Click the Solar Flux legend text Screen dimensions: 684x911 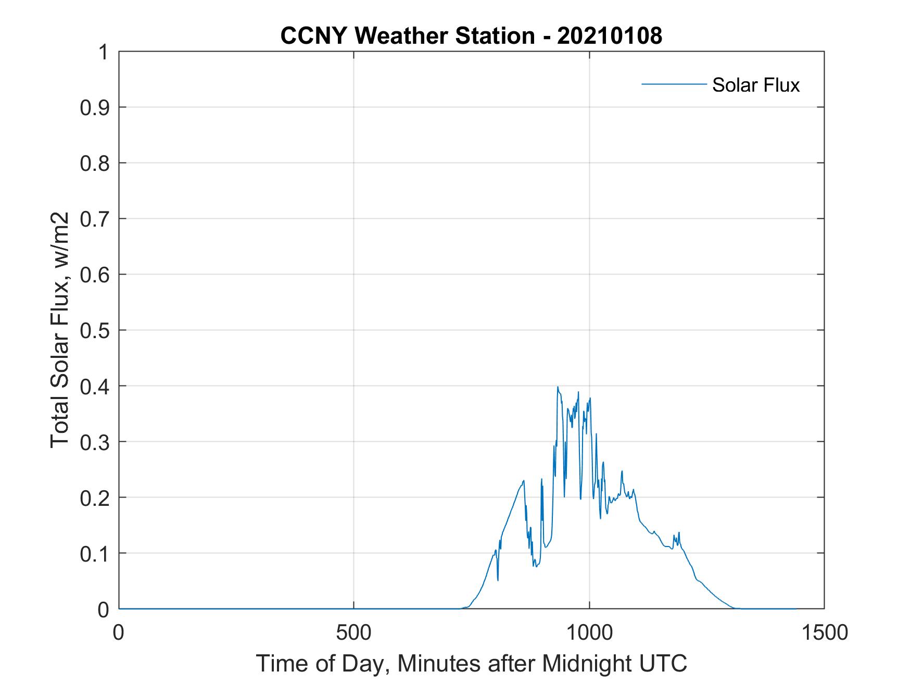tap(755, 85)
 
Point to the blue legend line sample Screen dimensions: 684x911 tap(674, 84)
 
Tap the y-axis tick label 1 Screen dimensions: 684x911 tap(104, 52)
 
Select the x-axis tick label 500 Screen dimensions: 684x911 tap(353, 632)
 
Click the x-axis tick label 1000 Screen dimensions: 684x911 tap(589, 632)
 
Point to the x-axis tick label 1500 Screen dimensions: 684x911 tap(824, 632)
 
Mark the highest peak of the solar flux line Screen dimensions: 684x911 tap(558, 387)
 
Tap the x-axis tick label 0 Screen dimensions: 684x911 tap(119, 632)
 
